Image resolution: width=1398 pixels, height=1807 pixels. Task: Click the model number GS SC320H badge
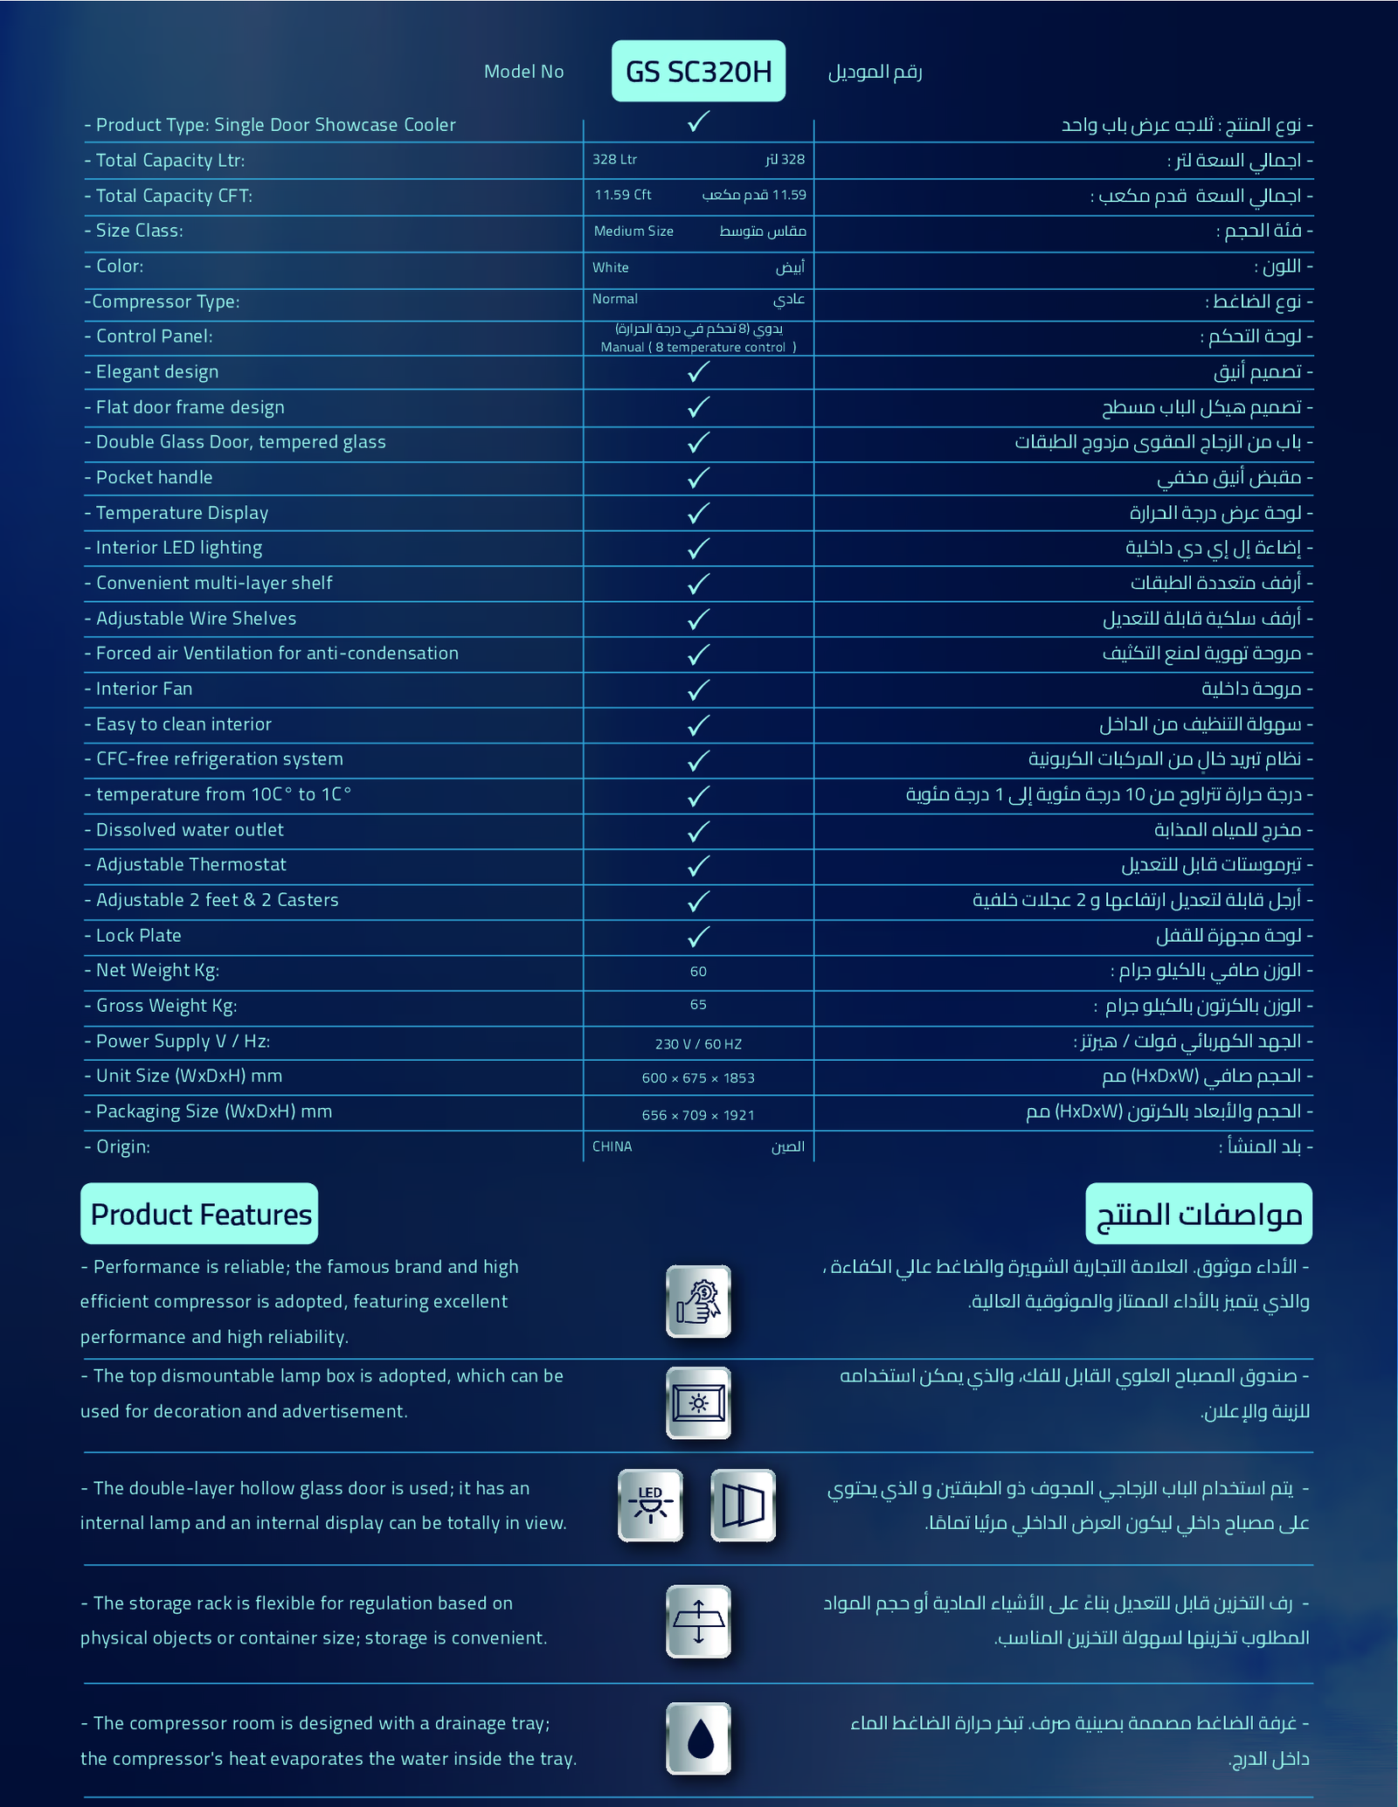[698, 71]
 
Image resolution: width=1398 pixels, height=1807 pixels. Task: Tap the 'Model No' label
[523, 72]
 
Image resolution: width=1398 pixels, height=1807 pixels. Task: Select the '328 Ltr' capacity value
[614, 159]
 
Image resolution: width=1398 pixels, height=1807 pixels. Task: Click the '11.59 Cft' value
[623, 195]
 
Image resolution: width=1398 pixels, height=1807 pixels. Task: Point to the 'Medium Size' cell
[633, 232]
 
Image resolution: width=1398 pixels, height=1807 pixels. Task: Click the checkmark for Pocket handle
[697, 478]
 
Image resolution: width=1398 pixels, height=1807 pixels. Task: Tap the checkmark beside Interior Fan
[697, 689]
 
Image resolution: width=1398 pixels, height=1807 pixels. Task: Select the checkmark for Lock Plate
[697, 936]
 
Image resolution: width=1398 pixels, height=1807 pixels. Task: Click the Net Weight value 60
[698, 972]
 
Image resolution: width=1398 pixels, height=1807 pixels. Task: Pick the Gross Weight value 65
[698, 1005]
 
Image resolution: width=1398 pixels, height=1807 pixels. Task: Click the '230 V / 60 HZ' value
[698, 1044]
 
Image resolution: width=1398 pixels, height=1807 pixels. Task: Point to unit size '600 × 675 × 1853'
[698, 1078]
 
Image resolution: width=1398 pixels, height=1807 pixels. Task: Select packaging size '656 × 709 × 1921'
[698, 1115]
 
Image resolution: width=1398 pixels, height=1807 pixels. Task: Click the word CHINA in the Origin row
[612, 1146]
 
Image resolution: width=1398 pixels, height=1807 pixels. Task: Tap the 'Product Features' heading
[200, 1215]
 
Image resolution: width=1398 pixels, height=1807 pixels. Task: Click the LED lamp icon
[650, 1505]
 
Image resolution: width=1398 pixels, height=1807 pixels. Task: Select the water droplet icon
[698, 1739]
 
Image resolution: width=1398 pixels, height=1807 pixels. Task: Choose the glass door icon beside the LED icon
[744, 1505]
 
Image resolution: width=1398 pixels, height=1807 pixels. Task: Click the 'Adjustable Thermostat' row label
[190, 865]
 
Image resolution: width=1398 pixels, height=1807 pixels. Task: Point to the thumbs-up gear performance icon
[698, 1301]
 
